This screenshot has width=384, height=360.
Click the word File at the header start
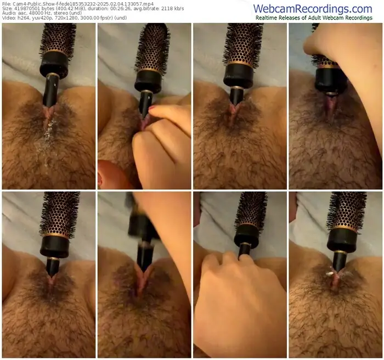click(6, 4)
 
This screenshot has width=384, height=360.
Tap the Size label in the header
click(7, 9)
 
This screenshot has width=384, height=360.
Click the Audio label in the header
click(8, 13)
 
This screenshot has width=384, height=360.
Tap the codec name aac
click(19, 13)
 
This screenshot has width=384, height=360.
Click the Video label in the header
click(8, 18)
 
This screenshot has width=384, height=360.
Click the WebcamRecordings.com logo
click(313, 9)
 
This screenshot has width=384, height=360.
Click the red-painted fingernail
click(153, 108)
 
